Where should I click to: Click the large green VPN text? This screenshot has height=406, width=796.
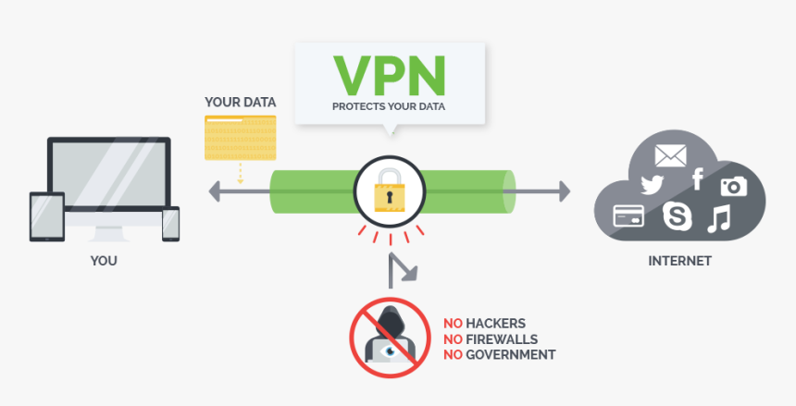(389, 76)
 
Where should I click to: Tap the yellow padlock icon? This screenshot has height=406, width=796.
(389, 193)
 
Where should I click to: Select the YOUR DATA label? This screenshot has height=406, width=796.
(239, 101)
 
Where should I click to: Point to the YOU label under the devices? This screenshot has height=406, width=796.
(104, 261)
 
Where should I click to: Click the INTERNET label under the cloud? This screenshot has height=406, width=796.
(679, 261)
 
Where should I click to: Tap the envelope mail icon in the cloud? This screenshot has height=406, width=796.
(670, 154)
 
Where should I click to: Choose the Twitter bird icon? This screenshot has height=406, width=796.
(653, 184)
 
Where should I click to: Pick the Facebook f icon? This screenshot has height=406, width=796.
(697, 178)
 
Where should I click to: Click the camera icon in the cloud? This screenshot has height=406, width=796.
(733, 185)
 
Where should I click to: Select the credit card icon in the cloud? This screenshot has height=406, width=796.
(628, 216)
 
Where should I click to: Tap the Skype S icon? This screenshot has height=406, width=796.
(678, 217)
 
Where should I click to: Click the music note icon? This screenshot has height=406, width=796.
(718, 218)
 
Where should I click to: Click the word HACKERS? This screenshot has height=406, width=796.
(496, 324)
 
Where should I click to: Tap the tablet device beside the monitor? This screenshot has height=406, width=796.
(47, 216)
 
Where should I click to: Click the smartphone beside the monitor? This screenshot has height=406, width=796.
(170, 224)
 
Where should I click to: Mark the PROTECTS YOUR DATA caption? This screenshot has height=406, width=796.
(389, 107)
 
